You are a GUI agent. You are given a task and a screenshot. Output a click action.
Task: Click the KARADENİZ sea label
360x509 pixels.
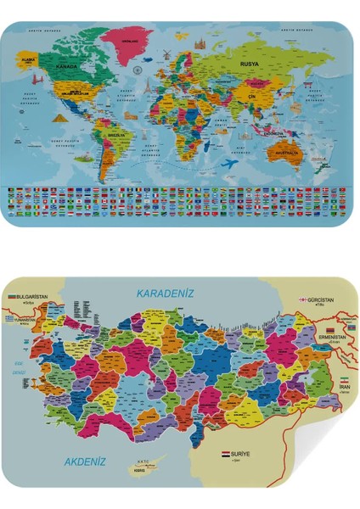point(166,292)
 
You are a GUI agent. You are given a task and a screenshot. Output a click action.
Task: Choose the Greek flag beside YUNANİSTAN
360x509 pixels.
point(9,319)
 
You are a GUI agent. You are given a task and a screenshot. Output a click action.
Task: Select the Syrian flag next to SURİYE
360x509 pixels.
point(226,455)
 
